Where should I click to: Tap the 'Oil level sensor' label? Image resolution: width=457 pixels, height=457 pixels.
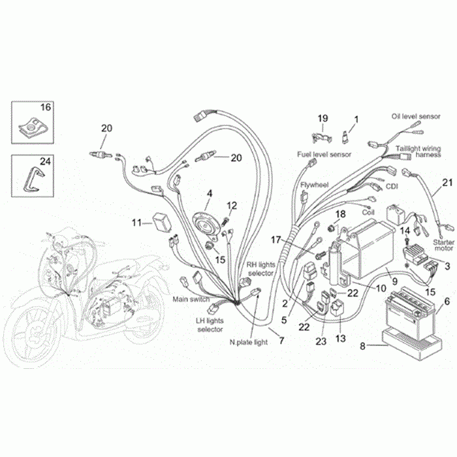pyautogui.click(x=415, y=116)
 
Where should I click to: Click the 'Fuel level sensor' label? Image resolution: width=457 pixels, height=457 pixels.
pyautogui.click(x=324, y=155)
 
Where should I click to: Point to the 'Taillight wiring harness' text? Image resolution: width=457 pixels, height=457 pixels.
pyautogui.click(x=418, y=153)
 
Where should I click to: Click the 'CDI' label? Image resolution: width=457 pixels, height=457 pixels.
pyautogui.click(x=392, y=187)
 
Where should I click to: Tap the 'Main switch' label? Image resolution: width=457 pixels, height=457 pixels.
pyautogui.click(x=190, y=299)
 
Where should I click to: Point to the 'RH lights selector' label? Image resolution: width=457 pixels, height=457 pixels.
pyautogui.click(x=259, y=268)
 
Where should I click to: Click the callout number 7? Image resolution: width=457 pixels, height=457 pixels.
pyautogui.click(x=281, y=340)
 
